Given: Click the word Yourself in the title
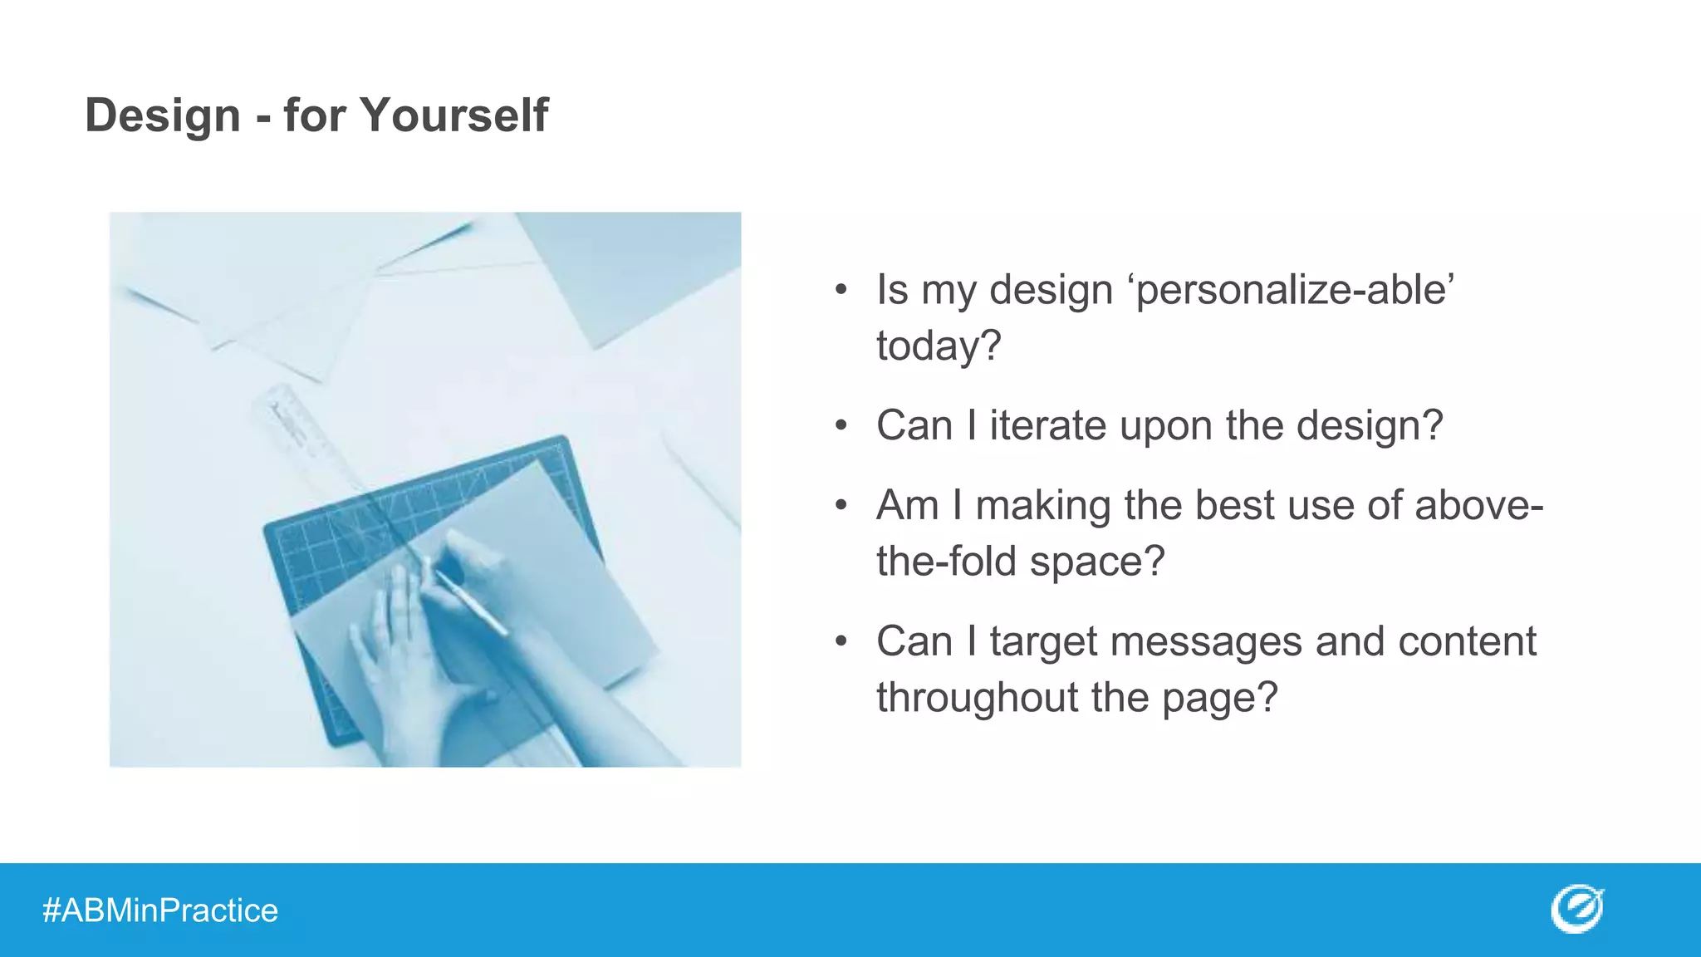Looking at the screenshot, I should pyautogui.click(x=453, y=115).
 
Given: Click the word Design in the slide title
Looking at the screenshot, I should pyautogui.click(x=163, y=115).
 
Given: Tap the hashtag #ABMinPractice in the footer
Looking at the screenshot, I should pyautogui.click(x=160, y=910).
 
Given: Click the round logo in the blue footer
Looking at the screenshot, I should pyautogui.click(x=1576, y=909).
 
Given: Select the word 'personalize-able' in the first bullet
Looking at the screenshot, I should pyautogui.click(x=1294, y=290).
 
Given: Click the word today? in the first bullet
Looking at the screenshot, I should pyautogui.click(x=939, y=346).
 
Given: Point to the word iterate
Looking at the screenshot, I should pyautogui.click(x=1047, y=425).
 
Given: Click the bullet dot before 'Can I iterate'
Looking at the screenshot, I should pyautogui.click(x=841, y=426).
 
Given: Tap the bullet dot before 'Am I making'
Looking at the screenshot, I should pyautogui.click(x=841, y=505).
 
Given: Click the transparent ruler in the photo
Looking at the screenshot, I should pyautogui.click(x=303, y=432).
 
